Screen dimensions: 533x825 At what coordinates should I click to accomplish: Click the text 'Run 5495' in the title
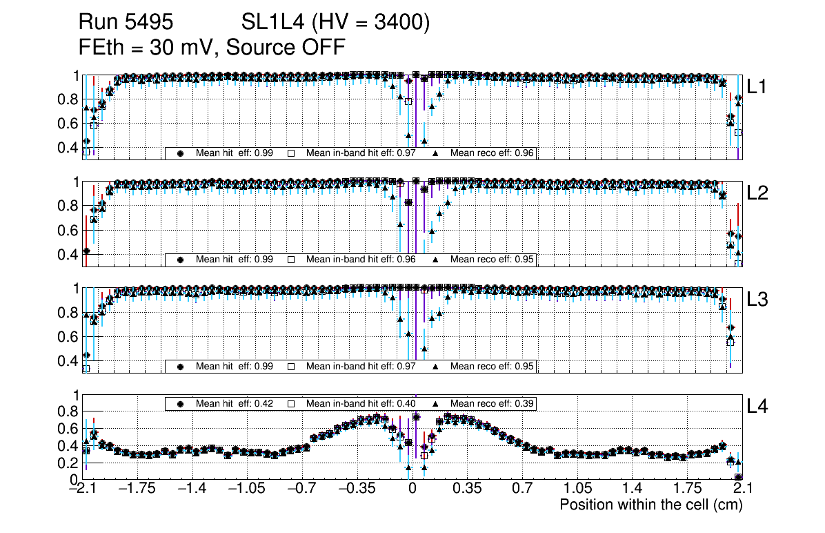(x=125, y=23)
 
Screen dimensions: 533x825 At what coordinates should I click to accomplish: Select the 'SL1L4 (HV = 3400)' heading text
(x=336, y=23)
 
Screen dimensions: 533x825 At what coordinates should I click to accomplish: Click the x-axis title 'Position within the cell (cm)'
(x=650, y=505)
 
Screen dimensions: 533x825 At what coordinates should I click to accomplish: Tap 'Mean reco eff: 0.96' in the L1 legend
(x=492, y=153)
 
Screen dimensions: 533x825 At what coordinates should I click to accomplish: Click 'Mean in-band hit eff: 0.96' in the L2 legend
(x=360, y=260)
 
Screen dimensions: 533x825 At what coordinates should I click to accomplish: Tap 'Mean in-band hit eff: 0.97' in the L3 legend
(x=360, y=366)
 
